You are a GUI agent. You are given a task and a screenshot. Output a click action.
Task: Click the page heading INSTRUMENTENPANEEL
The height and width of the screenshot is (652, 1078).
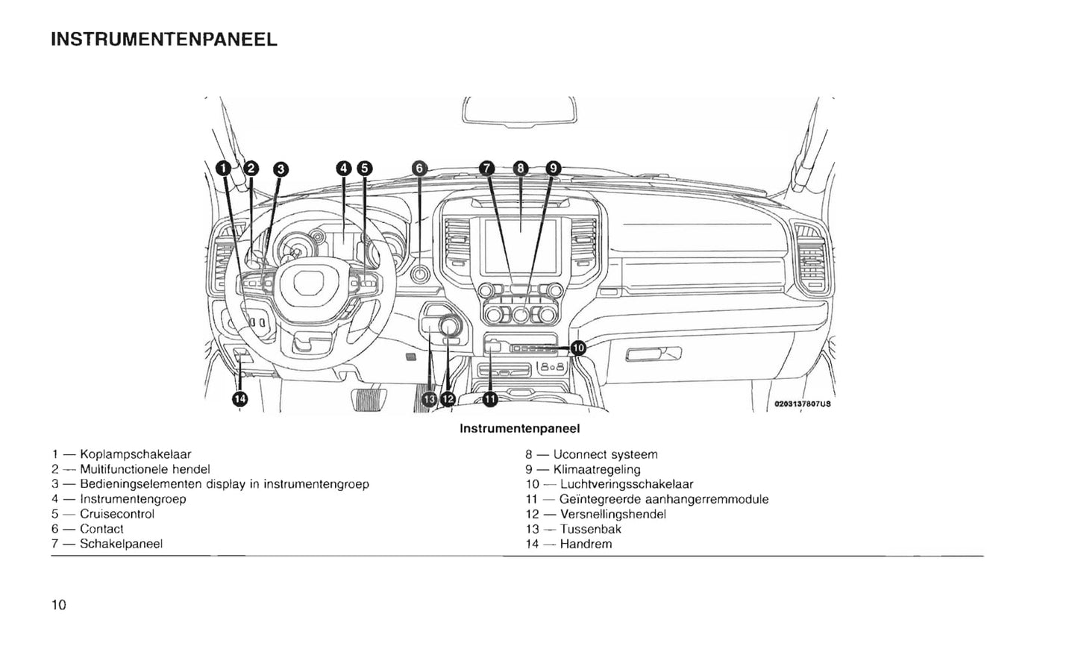click(164, 40)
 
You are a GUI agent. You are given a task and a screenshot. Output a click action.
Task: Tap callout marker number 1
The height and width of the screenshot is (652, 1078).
click(223, 169)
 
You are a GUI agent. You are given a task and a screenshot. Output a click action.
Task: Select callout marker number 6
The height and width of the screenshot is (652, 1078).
click(419, 169)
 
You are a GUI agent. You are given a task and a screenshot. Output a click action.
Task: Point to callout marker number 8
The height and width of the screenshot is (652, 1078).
click(521, 169)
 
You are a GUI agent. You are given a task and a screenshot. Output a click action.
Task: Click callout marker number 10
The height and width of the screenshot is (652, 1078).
click(578, 348)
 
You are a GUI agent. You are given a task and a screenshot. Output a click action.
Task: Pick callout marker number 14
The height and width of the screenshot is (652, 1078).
click(239, 399)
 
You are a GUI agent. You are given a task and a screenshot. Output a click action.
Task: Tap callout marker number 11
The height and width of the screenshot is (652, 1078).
click(490, 399)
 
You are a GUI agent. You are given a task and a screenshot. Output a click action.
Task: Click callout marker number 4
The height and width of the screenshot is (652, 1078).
click(343, 169)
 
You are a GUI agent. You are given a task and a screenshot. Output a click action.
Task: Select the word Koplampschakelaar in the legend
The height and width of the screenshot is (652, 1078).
click(135, 454)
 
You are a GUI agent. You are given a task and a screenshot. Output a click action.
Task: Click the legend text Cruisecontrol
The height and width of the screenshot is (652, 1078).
click(117, 514)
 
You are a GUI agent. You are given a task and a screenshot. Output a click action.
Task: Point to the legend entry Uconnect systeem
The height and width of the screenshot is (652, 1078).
click(605, 454)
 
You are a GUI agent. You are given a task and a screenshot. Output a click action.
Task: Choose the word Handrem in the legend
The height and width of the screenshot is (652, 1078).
click(586, 544)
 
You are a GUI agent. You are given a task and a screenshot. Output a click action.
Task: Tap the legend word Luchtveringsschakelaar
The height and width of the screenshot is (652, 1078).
click(627, 484)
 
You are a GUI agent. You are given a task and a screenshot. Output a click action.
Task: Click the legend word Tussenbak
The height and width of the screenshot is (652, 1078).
click(590, 529)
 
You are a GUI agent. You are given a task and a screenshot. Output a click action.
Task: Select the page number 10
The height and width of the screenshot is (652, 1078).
click(59, 605)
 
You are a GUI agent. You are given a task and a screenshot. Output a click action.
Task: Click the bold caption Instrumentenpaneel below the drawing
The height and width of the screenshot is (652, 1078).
click(519, 429)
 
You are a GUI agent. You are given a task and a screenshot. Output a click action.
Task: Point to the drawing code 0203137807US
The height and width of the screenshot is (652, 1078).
click(802, 404)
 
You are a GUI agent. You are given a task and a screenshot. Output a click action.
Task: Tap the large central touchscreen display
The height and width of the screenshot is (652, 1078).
click(520, 245)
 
